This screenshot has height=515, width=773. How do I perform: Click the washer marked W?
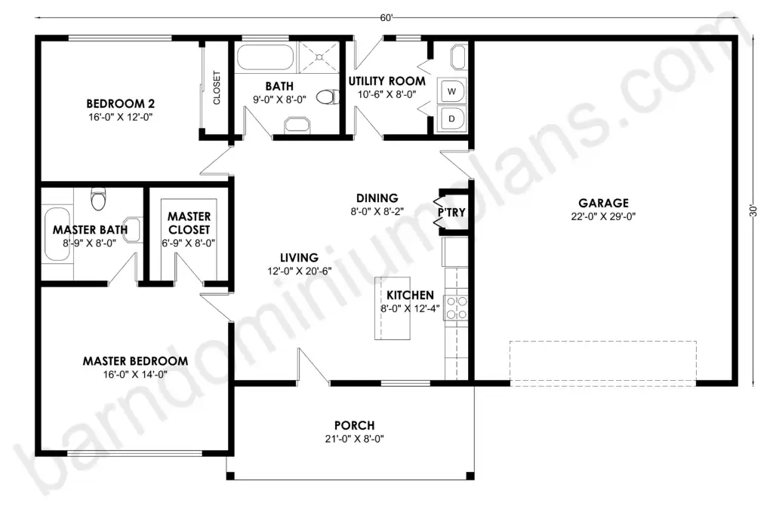click(x=451, y=91)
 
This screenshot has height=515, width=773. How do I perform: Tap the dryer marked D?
click(x=451, y=118)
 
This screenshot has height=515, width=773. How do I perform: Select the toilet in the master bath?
click(x=99, y=199)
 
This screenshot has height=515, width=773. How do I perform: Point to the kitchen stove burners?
click(x=456, y=307)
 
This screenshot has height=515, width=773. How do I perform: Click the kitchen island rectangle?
click(x=393, y=308)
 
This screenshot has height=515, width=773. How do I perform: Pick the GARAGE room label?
click(x=603, y=203)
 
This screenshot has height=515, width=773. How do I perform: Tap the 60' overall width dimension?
click(x=386, y=18)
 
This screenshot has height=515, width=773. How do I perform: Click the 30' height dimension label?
click(x=753, y=210)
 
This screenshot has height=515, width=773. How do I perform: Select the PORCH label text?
click(x=355, y=425)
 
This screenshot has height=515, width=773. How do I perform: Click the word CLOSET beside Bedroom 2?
click(x=217, y=87)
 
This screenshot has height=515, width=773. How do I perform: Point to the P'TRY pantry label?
click(x=451, y=212)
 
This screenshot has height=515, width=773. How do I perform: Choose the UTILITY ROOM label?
click(x=387, y=81)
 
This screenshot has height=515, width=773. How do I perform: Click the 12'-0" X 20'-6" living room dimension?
click(x=300, y=271)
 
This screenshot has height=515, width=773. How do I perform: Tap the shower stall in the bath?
click(x=319, y=57)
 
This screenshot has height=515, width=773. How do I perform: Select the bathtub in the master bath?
click(x=57, y=234)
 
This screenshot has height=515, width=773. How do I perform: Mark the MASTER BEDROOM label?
click(x=136, y=361)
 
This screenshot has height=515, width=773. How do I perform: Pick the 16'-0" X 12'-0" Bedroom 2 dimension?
click(x=121, y=117)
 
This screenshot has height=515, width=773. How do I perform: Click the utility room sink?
click(x=458, y=57)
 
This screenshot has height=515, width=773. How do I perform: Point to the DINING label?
click(x=377, y=198)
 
